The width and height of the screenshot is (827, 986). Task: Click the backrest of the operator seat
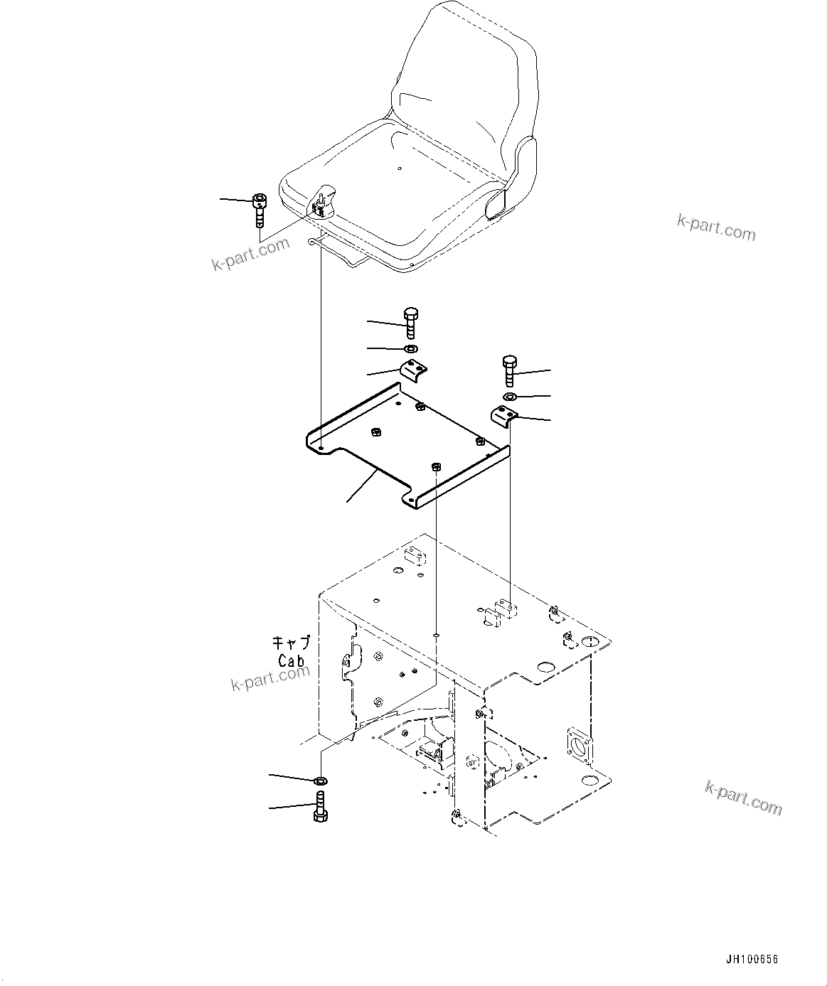(x=462, y=78)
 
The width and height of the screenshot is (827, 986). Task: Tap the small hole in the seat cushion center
(x=400, y=168)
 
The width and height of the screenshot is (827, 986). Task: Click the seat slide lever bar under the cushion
(x=341, y=254)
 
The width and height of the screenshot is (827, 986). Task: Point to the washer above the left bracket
(x=410, y=348)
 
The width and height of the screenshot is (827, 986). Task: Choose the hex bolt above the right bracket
(x=508, y=370)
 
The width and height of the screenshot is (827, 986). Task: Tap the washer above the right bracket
(x=509, y=396)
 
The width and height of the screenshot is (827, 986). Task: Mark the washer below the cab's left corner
(x=321, y=781)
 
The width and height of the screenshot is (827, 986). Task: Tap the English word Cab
(x=292, y=660)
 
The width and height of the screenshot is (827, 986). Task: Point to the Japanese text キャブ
(x=292, y=643)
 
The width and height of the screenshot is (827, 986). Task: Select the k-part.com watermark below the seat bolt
(x=251, y=254)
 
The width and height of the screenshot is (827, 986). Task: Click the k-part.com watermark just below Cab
(x=270, y=678)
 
